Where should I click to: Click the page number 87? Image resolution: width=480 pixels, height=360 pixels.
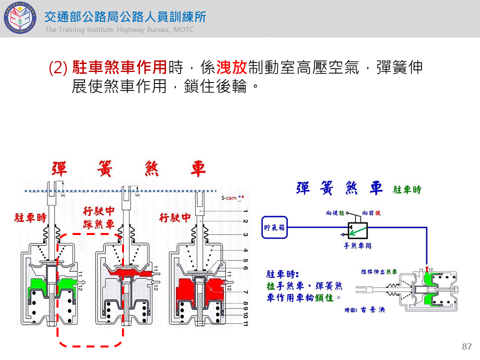coord(467,347)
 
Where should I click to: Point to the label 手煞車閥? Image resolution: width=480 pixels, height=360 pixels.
coord(357,246)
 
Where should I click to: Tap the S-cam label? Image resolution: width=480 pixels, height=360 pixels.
coord(232,198)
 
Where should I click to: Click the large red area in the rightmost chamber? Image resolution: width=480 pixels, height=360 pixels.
coord(200,290)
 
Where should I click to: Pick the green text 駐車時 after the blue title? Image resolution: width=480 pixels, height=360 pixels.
coord(407,190)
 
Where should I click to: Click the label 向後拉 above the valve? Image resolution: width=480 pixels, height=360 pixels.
coord(335,212)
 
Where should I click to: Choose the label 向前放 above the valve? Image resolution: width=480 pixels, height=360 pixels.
coord(371,212)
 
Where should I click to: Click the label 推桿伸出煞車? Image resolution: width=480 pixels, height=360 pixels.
coord(379,271)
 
